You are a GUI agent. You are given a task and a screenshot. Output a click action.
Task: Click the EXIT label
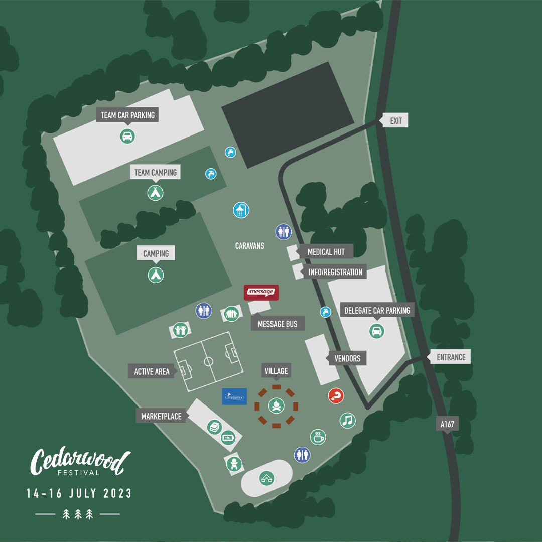(395, 121)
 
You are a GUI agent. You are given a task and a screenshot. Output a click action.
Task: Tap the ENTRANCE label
(451, 357)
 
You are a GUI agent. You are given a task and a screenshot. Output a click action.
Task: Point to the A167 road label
(447, 424)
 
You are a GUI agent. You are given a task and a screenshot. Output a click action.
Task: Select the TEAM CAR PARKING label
(128, 115)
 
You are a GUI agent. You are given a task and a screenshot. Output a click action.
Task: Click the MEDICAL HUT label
(326, 252)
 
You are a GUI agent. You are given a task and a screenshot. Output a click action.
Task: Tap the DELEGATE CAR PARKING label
(377, 311)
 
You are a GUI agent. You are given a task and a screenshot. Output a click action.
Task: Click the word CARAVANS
(249, 246)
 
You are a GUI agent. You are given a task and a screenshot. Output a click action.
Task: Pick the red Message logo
(261, 292)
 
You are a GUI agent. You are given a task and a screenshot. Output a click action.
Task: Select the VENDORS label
(347, 359)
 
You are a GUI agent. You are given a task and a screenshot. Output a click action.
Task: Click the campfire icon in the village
(276, 405)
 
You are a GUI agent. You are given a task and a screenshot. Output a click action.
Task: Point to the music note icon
(347, 420)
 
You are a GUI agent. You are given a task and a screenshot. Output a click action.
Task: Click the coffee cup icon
(318, 437)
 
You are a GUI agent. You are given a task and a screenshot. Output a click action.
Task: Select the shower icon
(241, 210)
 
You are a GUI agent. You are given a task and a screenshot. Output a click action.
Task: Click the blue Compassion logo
(234, 396)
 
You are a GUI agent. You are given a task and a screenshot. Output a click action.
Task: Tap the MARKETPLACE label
(161, 416)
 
